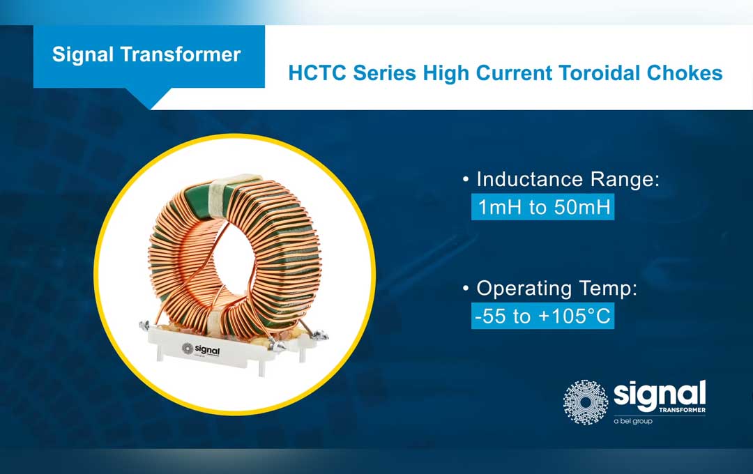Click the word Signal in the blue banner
pyautogui.click(x=82, y=55)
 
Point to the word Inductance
pyautogui.click(x=533, y=180)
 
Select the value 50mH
pyautogui.click(x=580, y=208)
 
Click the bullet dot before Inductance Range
pyautogui.click(x=465, y=181)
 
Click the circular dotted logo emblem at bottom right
pyautogui.click(x=586, y=402)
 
